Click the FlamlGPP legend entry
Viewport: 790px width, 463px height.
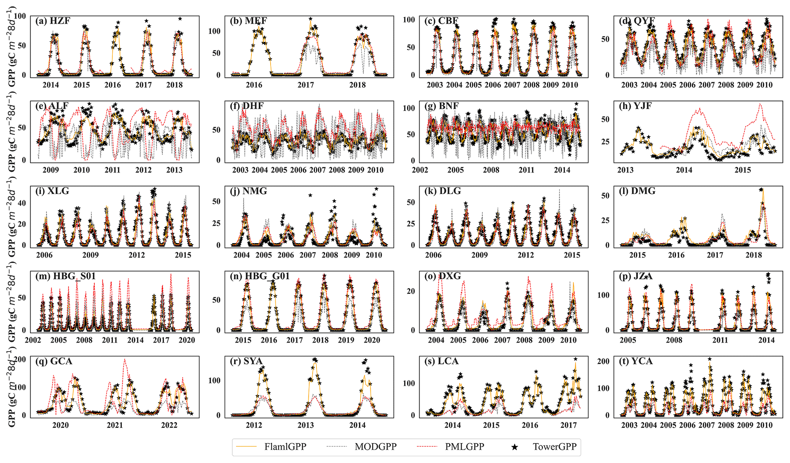[x=285, y=447]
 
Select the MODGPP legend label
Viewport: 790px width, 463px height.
[x=375, y=447]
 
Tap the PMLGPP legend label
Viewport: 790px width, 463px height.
[x=464, y=447]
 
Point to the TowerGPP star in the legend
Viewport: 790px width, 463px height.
[x=515, y=447]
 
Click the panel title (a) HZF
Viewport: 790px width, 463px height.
[x=53, y=21]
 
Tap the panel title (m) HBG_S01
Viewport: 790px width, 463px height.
[x=65, y=276]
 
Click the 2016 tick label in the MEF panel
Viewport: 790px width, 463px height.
[x=254, y=85]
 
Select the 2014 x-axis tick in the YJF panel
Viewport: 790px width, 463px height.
[x=684, y=170]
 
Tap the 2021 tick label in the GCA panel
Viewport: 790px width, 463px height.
[x=115, y=425]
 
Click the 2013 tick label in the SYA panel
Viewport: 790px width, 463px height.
[x=306, y=425]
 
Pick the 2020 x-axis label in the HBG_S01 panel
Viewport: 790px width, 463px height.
[x=187, y=340]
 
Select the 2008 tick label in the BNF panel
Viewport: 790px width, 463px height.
[x=491, y=170]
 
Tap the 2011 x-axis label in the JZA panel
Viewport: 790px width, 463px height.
[x=720, y=340]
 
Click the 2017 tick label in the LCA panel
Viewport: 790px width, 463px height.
[x=568, y=425]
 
